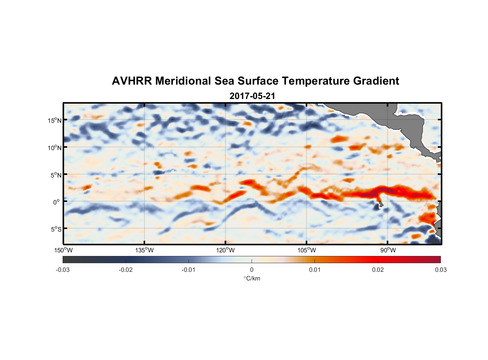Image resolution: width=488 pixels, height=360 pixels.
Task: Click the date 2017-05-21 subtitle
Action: tap(252, 96)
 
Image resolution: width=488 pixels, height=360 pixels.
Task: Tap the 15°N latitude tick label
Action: tap(54, 121)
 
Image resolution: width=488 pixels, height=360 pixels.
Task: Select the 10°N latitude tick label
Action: tap(54, 148)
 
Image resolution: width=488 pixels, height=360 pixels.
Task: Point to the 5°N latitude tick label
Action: tap(56, 175)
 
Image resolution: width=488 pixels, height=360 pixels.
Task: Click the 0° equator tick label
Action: tap(57, 202)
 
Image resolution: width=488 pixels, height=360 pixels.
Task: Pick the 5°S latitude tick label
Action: tap(56, 229)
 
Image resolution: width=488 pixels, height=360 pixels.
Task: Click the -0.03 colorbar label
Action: tap(63, 270)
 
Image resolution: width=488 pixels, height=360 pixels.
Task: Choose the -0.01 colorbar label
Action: tap(189, 270)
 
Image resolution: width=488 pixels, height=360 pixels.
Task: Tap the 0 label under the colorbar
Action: tap(252, 270)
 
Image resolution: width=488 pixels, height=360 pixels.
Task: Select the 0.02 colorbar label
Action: tap(378, 270)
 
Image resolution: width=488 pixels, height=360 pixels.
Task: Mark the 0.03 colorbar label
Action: tap(440, 270)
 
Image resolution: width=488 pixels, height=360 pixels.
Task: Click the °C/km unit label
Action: tap(252, 279)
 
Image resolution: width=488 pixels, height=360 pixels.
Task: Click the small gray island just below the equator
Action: tap(380, 204)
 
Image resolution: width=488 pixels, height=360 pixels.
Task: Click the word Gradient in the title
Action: tap(376, 81)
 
